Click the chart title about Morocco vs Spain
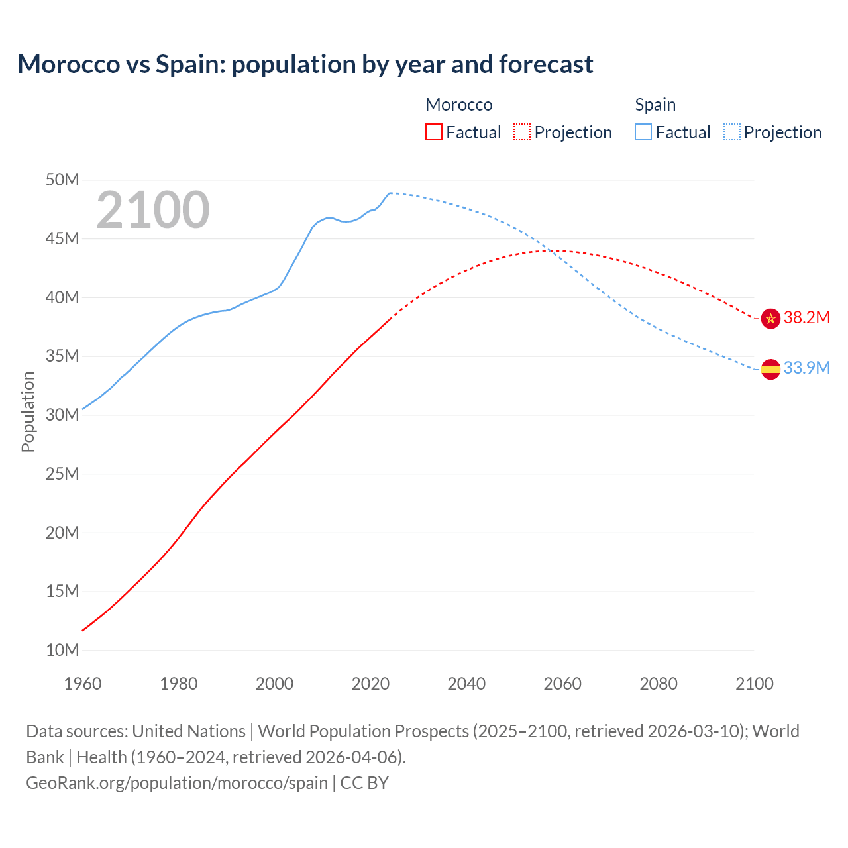(x=305, y=64)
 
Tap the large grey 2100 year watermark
(x=153, y=210)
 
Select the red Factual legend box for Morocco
(x=434, y=132)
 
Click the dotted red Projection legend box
(x=522, y=132)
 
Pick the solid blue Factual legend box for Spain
(x=643, y=132)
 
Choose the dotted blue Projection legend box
(x=732, y=132)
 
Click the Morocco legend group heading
(x=459, y=105)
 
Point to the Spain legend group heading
(x=655, y=105)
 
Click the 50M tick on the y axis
(x=62, y=180)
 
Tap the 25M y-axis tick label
(x=62, y=474)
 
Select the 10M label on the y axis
(x=62, y=650)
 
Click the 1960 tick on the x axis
(x=83, y=684)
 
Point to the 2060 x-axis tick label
(x=562, y=684)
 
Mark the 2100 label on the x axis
(x=755, y=684)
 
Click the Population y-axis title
(x=28, y=411)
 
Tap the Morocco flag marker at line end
(x=770, y=319)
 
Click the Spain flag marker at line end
(x=770, y=369)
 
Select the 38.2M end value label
(x=807, y=317)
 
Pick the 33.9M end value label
(x=807, y=368)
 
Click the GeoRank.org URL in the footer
(x=177, y=782)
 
